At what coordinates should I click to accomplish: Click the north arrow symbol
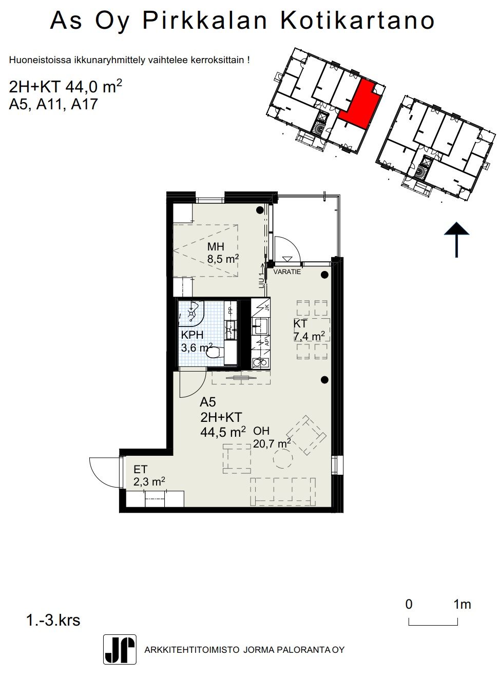(x=456, y=240)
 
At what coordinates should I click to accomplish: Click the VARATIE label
(x=287, y=271)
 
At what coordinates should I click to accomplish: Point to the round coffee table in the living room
(x=283, y=459)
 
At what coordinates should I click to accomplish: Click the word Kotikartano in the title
(x=358, y=20)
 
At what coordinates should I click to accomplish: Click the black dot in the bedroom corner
(x=259, y=210)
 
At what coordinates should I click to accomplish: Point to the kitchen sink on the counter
(x=260, y=326)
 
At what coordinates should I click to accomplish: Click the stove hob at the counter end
(x=260, y=362)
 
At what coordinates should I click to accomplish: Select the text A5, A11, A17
(x=53, y=104)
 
